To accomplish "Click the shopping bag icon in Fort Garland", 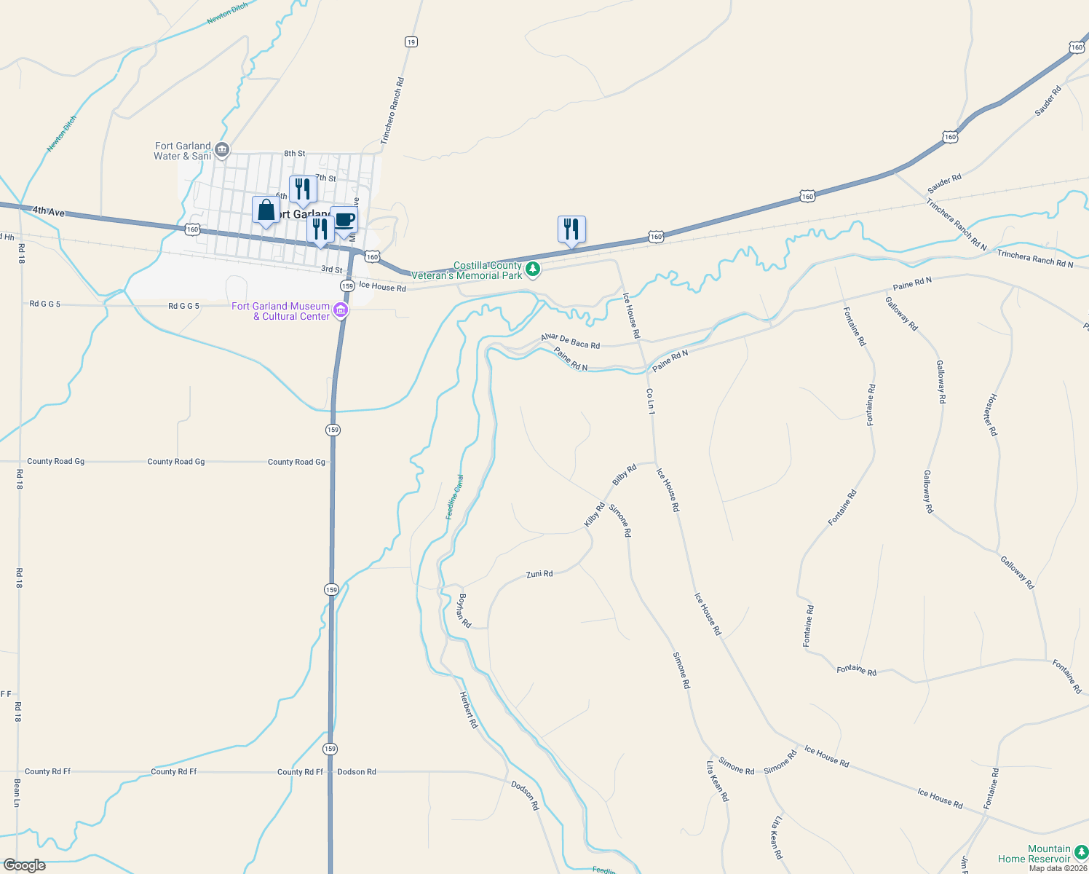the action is click(266, 210).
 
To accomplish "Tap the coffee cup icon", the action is click(344, 219).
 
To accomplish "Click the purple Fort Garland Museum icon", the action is click(340, 312).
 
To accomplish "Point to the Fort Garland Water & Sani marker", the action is click(223, 151).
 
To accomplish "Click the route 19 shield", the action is click(411, 42).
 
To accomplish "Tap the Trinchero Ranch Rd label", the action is click(392, 111).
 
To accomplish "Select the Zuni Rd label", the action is click(539, 574).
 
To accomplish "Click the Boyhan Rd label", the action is click(464, 610).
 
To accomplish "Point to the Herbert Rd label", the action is click(469, 709).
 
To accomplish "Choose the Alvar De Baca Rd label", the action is click(570, 341).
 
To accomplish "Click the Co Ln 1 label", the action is click(651, 402).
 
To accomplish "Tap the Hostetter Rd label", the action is click(991, 415).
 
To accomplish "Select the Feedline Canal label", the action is click(455, 497).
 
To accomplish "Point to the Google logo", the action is click(24, 865).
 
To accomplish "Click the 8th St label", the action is click(295, 154).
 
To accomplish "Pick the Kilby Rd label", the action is click(595, 514).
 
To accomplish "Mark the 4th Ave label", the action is click(49, 211).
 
